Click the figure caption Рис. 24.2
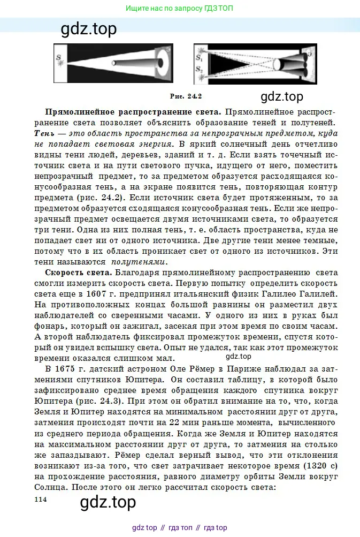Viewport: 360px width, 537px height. click(x=185, y=96)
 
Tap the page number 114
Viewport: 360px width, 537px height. click(x=41, y=499)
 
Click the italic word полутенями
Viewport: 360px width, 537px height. click(x=139, y=262)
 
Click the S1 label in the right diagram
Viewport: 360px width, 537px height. click(x=198, y=56)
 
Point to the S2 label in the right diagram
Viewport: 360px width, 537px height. click(x=198, y=69)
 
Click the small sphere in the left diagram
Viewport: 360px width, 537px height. click(x=114, y=63)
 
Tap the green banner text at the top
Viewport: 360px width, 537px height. click(x=179, y=9)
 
